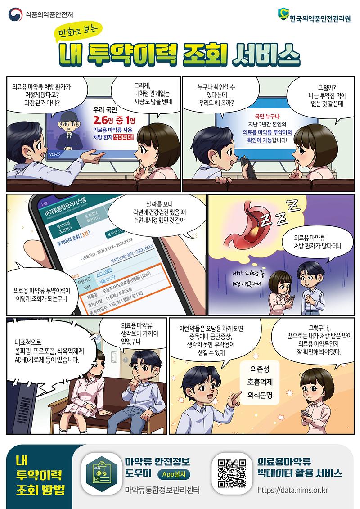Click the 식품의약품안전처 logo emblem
click(15, 14)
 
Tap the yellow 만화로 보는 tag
click(79, 31)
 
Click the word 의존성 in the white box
click(260, 369)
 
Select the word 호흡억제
click(260, 382)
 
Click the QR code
click(232, 473)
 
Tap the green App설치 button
click(174, 474)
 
